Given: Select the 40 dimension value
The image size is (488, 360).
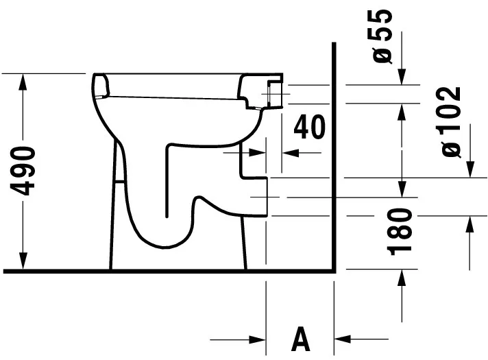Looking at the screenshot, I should click(x=308, y=127).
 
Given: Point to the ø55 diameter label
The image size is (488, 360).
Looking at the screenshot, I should click(x=383, y=35).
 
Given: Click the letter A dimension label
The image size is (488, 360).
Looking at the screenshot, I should click(x=300, y=339).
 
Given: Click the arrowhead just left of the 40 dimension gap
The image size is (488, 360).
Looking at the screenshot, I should click(x=258, y=153).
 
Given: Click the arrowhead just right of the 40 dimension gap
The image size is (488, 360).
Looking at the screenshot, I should click(x=291, y=153).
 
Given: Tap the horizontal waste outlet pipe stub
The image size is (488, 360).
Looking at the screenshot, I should click(x=255, y=197).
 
